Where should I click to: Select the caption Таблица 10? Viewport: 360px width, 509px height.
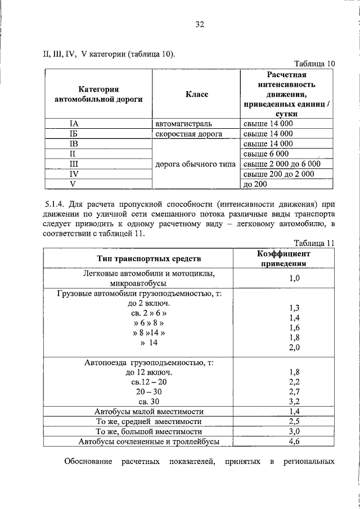point(314,64)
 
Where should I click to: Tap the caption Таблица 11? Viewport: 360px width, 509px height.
point(314,243)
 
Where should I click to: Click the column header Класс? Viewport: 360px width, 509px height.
point(196,94)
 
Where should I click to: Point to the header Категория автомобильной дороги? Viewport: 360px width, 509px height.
point(98,94)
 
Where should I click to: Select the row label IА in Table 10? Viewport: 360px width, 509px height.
point(74,124)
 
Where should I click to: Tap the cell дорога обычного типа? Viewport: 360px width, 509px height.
point(196,164)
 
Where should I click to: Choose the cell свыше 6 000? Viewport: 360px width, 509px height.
point(266,154)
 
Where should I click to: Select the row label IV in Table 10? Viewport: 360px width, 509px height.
point(74,174)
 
